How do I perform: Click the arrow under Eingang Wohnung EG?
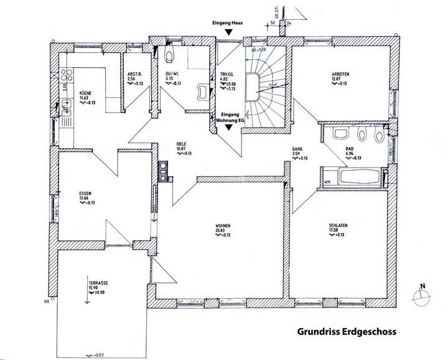pos(230,127)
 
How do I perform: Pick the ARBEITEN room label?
pos(341,75)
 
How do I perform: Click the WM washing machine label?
pos(327,182)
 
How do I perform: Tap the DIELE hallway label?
pos(182,144)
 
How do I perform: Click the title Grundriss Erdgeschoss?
pos(342,333)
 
